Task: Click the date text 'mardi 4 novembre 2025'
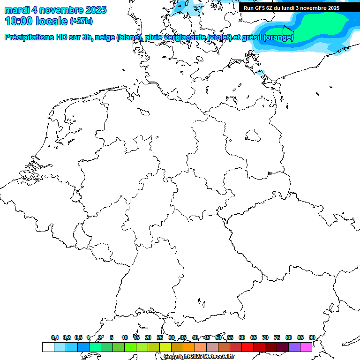click(55, 10)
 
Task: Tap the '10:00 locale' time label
click(36, 21)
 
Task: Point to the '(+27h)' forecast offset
click(81, 22)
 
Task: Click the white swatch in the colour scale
click(48, 347)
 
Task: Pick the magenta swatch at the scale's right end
click(306, 347)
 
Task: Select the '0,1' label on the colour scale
click(55, 337)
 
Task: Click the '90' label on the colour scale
click(312, 337)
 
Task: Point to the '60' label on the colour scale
click(242, 337)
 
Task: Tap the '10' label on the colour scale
click(125, 337)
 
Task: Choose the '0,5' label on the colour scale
click(78, 337)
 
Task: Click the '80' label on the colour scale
click(289, 337)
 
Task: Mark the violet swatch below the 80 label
click(294, 347)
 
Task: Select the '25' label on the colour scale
click(160, 337)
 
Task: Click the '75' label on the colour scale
click(277, 337)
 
